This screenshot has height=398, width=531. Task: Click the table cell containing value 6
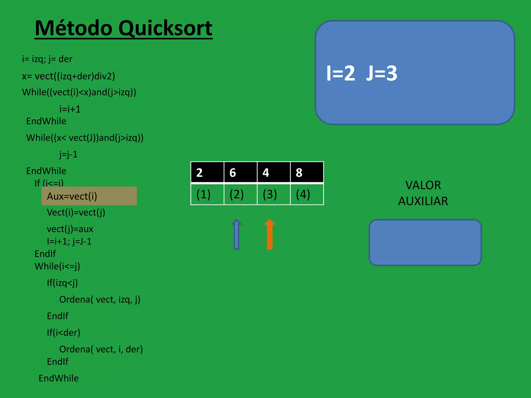[x=240, y=173]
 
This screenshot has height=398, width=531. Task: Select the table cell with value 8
[x=307, y=173]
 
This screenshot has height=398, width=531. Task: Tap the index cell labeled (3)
[x=273, y=194]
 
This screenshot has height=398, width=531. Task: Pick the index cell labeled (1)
[x=207, y=194]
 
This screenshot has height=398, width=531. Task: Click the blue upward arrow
[x=236, y=234]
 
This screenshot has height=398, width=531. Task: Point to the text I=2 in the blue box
[x=340, y=73]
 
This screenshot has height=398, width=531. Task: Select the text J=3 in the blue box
[x=382, y=73]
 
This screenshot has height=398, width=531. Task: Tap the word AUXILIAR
[x=423, y=201]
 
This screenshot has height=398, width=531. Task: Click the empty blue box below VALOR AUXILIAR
[x=425, y=243]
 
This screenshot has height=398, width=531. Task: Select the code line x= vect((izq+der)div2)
[x=68, y=76]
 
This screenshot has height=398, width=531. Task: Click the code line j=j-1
[x=68, y=154]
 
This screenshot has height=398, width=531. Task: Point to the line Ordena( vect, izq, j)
[x=100, y=300]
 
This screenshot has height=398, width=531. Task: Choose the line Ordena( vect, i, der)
[x=101, y=349]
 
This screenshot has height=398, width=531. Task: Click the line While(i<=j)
[x=57, y=266]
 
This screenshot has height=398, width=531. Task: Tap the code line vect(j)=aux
[x=70, y=229]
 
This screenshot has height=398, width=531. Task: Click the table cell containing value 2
[x=207, y=173]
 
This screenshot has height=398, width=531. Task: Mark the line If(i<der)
[x=64, y=333]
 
